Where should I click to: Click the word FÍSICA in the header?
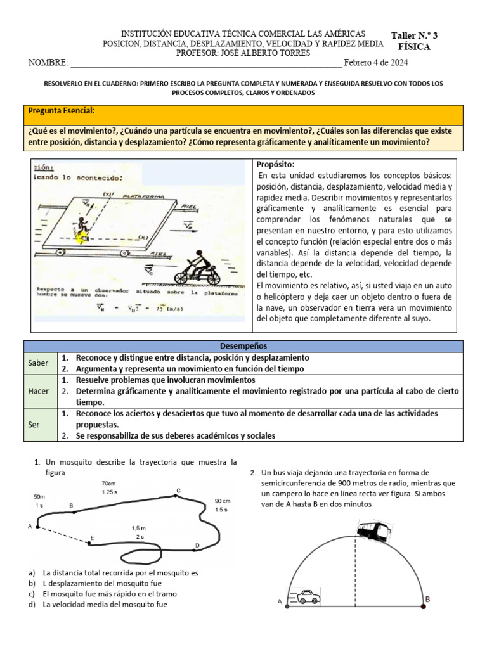(414, 47)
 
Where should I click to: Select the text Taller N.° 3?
(414, 35)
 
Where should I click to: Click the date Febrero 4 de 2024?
(376, 63)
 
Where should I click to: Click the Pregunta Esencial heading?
(62, 111)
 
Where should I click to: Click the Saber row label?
(38, 363)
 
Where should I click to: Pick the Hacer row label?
(38, 391)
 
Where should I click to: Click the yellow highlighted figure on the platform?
(81, 237)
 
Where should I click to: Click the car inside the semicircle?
(308, 596)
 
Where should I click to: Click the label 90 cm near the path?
(223, 500)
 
